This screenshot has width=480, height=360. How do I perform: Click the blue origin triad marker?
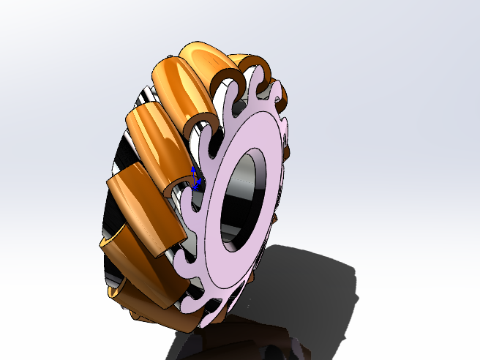pos(194,178)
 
